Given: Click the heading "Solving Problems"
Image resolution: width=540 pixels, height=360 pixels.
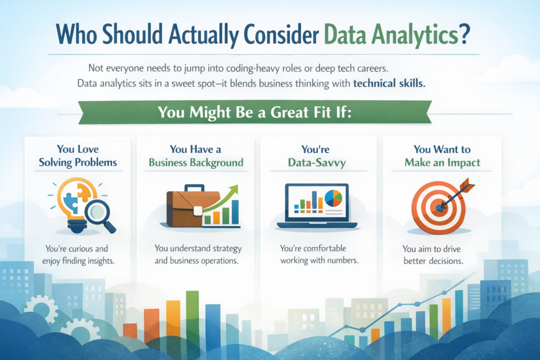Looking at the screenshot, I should click(78, 162).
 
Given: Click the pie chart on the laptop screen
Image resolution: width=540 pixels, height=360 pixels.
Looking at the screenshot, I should click(333, 198).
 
